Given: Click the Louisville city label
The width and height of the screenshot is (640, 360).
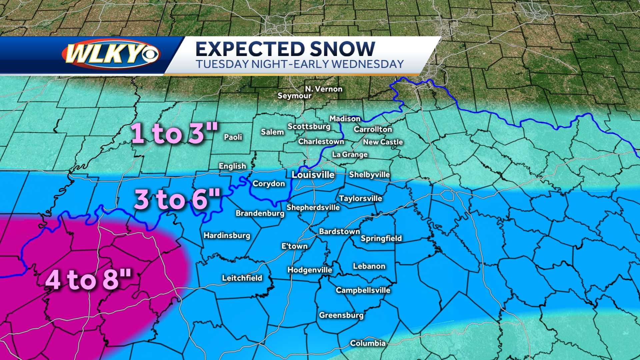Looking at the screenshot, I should pyautogui.click(x=313, y=175).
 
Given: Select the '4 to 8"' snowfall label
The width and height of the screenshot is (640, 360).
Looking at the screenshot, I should pyautogui.click(x=88, y=279).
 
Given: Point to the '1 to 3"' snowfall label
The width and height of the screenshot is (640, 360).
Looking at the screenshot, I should pyautogui.click(x=174, y=133).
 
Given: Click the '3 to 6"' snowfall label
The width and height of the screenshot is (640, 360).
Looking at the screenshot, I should pyautogui.click(x=177, y=199).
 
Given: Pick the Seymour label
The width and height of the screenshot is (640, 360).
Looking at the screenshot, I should pyautogui.click(x=294, y=96).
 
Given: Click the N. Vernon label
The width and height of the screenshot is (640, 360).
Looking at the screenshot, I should pyautogui.click(x=324, y=89).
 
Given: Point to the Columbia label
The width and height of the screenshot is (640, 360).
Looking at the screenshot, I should pyautogui.click(x=368, y=343).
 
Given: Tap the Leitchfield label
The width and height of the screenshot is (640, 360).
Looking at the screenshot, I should pyautogui.click(x=242, y=278).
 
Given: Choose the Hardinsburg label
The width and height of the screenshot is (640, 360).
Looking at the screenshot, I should pyautogui.click(x=227, y=235).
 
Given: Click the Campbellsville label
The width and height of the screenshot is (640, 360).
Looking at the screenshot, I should pyautogui.click(x=363, y=290).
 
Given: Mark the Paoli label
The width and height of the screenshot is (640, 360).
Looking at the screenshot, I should pyautogui.click(x=233, y=137).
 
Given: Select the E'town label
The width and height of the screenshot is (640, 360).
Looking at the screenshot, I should pyautogui.click(x=294, y=246).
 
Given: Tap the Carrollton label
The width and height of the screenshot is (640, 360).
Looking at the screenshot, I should pyautogui.click(x=373, y=129).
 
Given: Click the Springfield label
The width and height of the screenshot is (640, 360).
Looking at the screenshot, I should pyautogui.click(x=381, y=238).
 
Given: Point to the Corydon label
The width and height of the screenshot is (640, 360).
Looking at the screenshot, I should pyautogui.click(x=269, y=184).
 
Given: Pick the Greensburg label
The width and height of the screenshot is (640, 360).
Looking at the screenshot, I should pyautogui.click(x=341, y=315).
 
